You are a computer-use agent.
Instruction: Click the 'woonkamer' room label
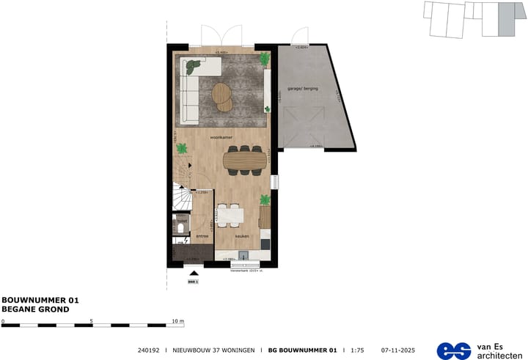[x=221, y=137]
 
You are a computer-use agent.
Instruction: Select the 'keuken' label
[x=241, y=237]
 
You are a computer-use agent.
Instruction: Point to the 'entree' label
[x=202, y=237]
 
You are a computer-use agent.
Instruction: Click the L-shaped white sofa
[x=192, y=88]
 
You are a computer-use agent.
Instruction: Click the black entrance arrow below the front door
[x=194, y=272]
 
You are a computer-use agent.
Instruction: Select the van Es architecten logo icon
[x=454, y=350]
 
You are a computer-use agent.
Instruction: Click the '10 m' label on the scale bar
[x=177, y=321]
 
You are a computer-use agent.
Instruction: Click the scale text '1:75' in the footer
[x=357, y=350]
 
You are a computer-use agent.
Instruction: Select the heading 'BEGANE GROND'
[x=35, y=309]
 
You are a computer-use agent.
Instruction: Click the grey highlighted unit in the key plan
[x=507, y=19]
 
